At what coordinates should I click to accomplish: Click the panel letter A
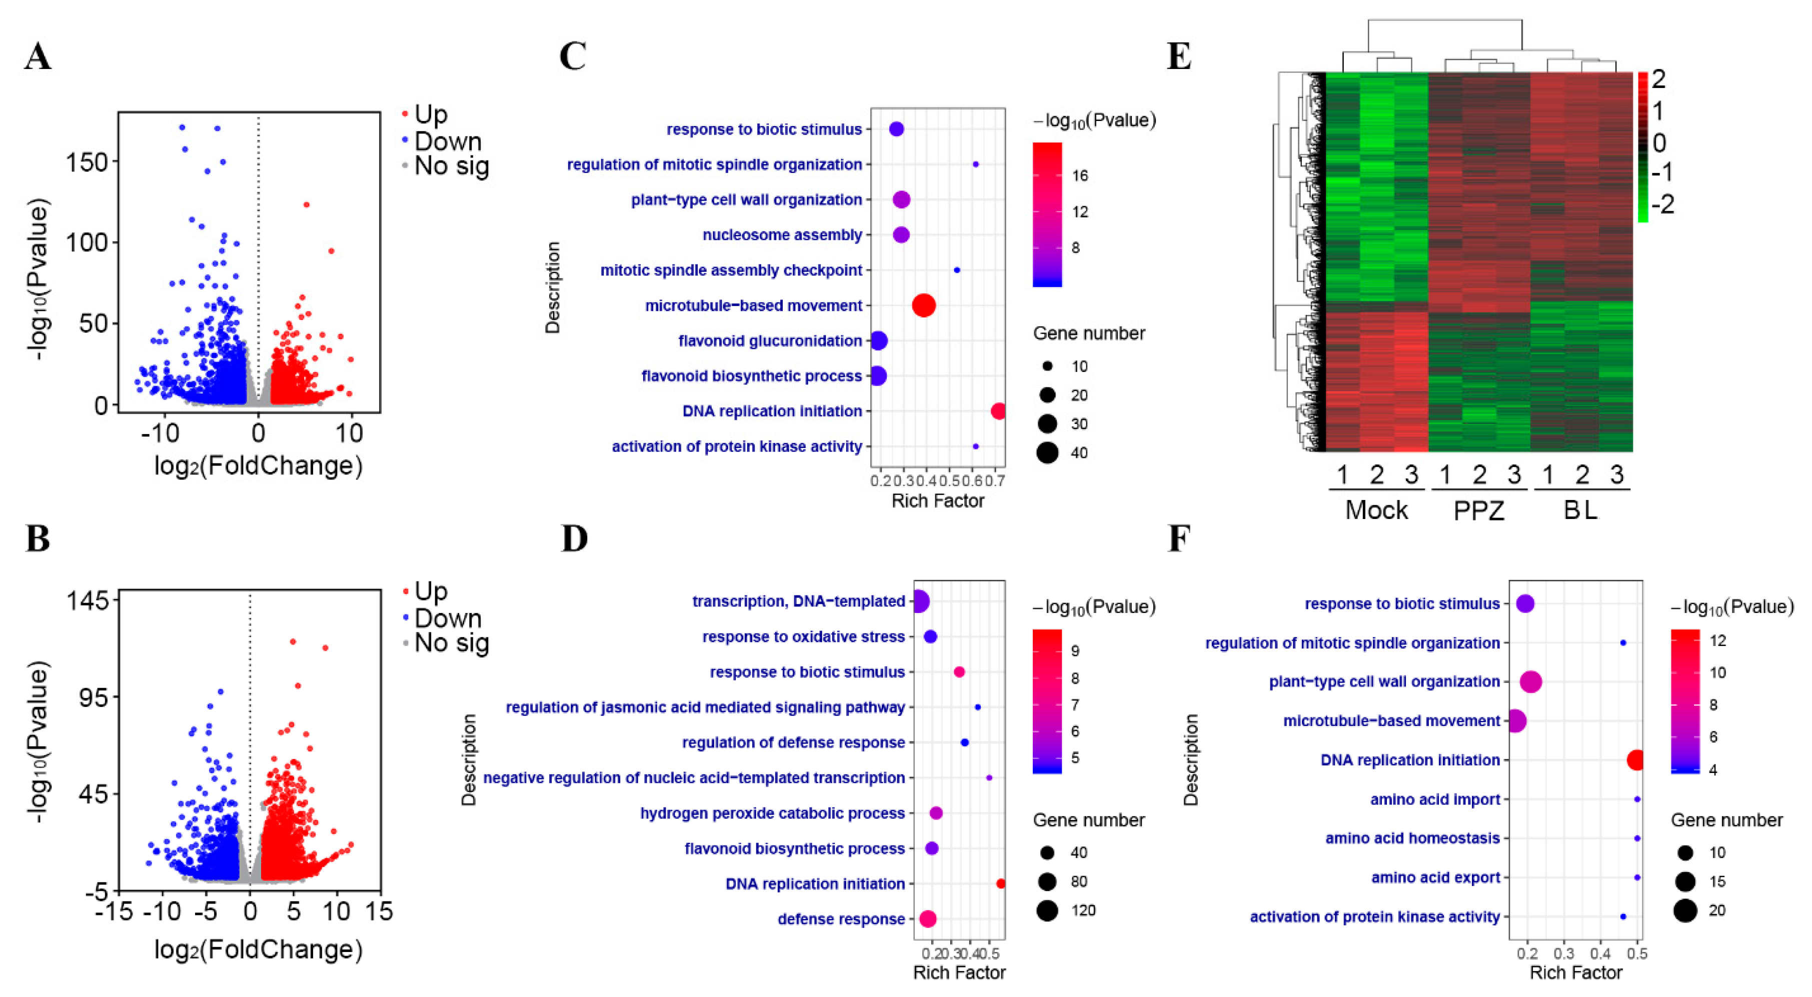click(x=38, y=56)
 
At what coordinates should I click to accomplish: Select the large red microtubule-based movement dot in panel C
click(x=924, y=305)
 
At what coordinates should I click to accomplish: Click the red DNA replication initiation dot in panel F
click(x=1636, y=760)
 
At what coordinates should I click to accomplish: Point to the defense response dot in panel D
click(x=928, y=918)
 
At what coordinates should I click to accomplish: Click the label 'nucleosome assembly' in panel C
click(x=782, y=235)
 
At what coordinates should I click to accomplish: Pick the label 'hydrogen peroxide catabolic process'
click(x=772, y=813)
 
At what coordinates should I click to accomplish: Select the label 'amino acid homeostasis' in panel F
click(x=1412, y=838)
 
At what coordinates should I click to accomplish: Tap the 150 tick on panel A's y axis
click(x=87, y=162)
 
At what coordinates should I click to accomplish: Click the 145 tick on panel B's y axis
click(x=87, y=600)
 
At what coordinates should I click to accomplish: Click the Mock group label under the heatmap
click(x=1376, y=509)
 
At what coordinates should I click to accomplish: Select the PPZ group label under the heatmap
click(x=1478, y=509)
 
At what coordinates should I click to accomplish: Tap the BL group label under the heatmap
click(x=1580, y=509)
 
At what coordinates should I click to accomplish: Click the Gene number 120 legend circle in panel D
click(x=1047, y=910)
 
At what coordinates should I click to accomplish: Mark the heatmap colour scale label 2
click(x=1658, y=79)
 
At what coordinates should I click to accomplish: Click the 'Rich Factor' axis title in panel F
click(x=1575, y=972)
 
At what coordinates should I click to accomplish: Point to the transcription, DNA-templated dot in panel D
click(x=919, y=601)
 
